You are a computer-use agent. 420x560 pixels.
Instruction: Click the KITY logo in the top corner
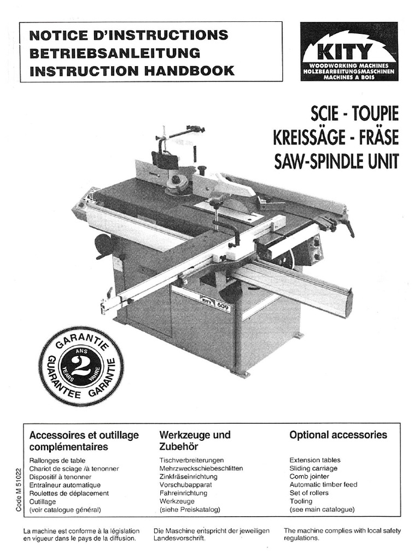coord(349,51)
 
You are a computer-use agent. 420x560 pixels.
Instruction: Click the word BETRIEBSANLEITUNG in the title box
coord(114,53)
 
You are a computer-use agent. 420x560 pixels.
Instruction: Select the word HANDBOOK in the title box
coord(194,71)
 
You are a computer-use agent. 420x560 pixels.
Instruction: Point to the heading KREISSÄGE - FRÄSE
coord(336,137)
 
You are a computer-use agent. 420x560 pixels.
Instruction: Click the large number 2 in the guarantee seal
coord(81,365)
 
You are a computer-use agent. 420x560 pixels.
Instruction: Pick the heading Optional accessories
coord(338,435)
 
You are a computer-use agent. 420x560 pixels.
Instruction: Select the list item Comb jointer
coord(309,476)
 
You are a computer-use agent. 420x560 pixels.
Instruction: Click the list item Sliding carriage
coord(313,468)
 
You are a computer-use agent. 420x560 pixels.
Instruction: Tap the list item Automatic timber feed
coord(323,485)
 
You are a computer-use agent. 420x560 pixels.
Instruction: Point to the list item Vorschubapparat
coord(185,485)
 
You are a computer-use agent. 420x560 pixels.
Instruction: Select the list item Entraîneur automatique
coord(65,485)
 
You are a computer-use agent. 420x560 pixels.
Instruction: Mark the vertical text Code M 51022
coord(19,489)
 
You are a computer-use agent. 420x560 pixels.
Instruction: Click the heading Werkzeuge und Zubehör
coord(195,441)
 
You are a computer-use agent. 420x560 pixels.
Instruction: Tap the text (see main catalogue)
coord(322,509)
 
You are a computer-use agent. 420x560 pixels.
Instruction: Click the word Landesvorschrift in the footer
coord(179,538)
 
